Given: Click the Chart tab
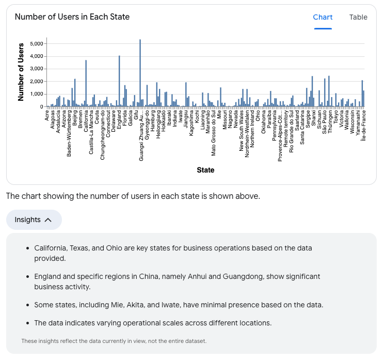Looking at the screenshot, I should [x=323, y=17].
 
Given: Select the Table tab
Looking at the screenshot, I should [x=358, y=17].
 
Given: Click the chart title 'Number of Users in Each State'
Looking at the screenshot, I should [x=72, y=17].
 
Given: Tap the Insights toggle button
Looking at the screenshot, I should [x=34, y=220].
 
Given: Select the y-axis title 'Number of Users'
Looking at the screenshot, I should [x=21, y=72].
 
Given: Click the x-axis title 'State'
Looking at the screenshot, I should [x=205, y=170].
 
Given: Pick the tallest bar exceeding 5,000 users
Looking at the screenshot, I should [x=140, y=72].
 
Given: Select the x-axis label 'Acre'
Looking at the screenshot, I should [x=47, y=115].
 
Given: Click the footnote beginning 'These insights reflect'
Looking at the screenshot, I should [x=114, y=341].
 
